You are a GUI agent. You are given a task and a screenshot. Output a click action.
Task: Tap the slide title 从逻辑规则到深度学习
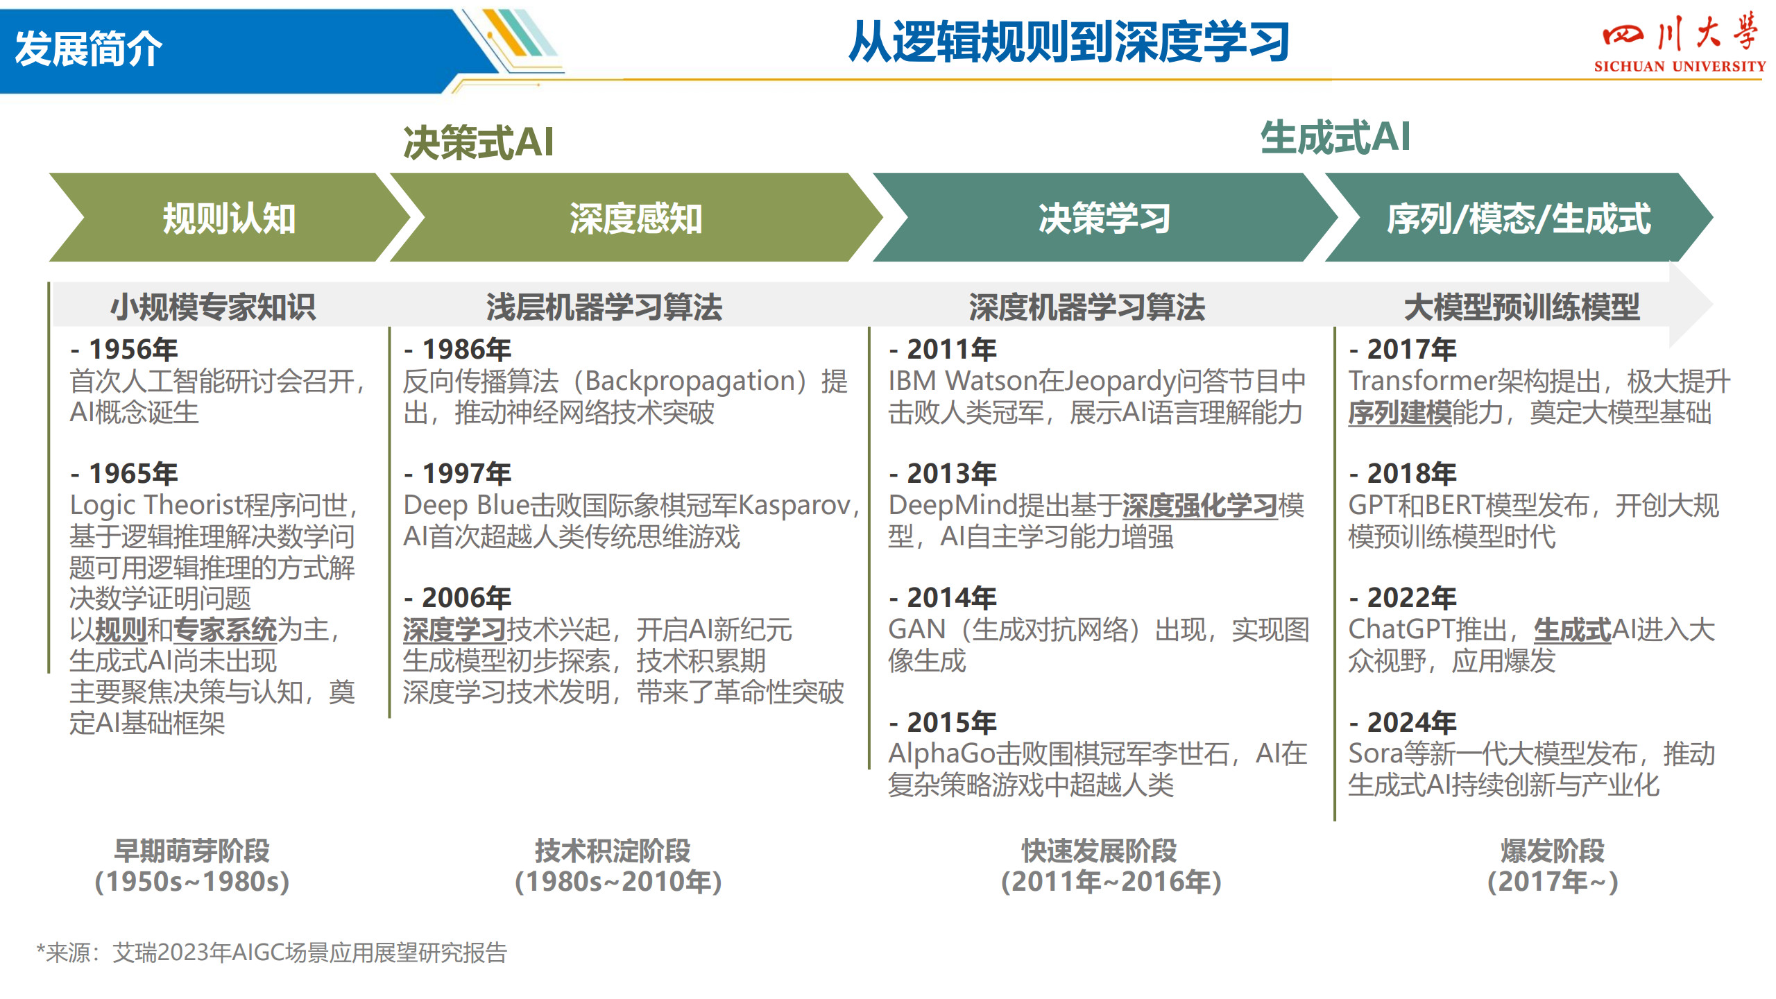point(1069,42)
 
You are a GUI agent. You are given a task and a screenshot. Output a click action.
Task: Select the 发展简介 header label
point(88,49)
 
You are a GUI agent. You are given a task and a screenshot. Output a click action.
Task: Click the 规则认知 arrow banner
point(229,217)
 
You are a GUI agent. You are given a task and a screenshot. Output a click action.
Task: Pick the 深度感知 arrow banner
point(635,217)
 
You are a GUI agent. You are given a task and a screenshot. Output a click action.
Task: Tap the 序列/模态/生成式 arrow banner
point(1519,217)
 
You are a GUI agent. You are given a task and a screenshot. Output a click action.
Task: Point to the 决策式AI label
point(479,142)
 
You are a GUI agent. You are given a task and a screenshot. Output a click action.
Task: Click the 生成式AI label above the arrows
point(1335,136)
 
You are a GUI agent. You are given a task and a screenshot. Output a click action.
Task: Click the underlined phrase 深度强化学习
point(1200,506)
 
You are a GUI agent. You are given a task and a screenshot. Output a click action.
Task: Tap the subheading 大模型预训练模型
point(1522,307)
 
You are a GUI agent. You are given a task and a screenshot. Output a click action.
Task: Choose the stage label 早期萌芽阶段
point(192,851)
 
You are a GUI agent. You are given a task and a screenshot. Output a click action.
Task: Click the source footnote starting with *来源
point(272,953)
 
